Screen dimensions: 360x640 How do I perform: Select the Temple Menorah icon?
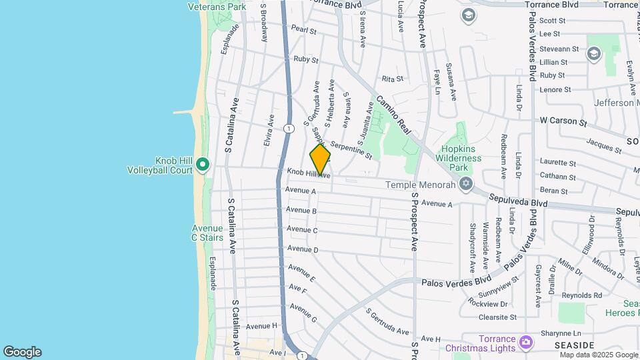pyautogui.click(x=465, y=183)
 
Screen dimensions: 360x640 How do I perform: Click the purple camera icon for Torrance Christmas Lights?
pyautogui.click(x=527, y=342)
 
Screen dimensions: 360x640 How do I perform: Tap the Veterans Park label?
pyautogui.click(x=217, y=7)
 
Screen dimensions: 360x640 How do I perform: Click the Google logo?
pyautogui.click(x=22, y=352)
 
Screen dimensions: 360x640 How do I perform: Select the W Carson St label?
pyautogui.click(x=563, y=122)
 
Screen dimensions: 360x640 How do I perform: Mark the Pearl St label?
pyautogui.click(x=303, y=30)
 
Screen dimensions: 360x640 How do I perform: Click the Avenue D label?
pyautogui.click(x=302, y=249)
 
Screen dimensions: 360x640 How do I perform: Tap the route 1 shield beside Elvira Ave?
pyautogui.click(x=287, y=128)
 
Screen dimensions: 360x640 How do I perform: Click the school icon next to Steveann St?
pyautogui.click(x=593, y=53)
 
